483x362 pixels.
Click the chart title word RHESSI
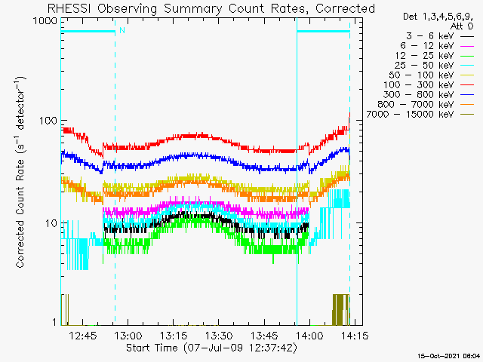coord(69,8)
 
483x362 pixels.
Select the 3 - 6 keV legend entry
coord(440,36)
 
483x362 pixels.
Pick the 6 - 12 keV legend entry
coord(437,46)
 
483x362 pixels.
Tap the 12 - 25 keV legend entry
coord(435,56)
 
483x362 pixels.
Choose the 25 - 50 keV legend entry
coord(435,66)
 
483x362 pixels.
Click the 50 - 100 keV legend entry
coord(431,75)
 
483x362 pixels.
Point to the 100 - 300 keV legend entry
coord(429,85)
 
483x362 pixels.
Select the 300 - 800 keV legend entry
coord(429,95)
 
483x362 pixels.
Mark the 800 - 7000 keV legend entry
coord(426,105)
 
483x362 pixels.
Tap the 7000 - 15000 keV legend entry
coord(420,115)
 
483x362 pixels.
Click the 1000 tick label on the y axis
coord(45,21)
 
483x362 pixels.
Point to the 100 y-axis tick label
coord(48,121)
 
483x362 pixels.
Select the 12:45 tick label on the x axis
coord(82,336)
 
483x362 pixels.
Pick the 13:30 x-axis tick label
coord(219,336)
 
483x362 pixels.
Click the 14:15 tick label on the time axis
coord(355,336)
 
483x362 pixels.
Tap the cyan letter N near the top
coord(122,30)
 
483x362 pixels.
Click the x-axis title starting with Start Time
coord(212,348)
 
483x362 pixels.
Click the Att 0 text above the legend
coord(461,26)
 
